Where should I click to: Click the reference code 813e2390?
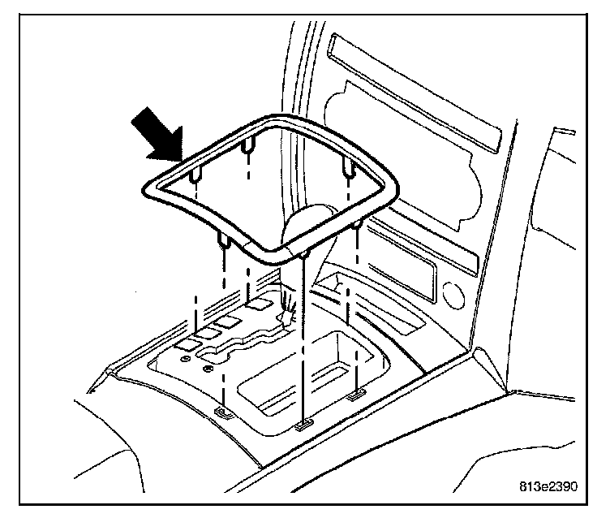(548, 488)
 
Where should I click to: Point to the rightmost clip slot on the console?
(355, 396)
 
